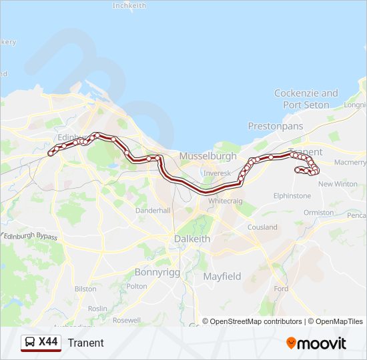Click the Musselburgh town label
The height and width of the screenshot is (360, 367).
tap(208, 156)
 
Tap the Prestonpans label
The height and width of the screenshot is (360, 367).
tap(275, 126)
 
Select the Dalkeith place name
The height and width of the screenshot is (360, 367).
tap(192, 239)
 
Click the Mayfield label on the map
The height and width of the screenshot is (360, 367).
tap(222, 276)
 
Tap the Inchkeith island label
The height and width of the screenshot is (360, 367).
tap(129, 6)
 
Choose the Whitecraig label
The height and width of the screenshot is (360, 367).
tap(225, 201)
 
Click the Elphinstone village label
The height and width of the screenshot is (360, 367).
tap(292, 196)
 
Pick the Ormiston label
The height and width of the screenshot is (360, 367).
tap(318, 213)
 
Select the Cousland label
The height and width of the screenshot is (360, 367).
tap(262, 227)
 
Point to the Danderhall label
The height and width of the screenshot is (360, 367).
tap(153, 210)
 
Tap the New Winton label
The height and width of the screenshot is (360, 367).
tap(337, 184)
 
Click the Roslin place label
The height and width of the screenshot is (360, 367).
tap(97, 309)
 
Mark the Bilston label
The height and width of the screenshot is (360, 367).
tap(85, 289)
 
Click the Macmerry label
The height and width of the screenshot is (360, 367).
tap(350, 162)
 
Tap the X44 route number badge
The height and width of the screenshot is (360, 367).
tap(48, 342)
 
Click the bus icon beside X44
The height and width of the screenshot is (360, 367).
tap(30, 343)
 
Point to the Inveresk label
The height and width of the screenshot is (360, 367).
tap(217, 173)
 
